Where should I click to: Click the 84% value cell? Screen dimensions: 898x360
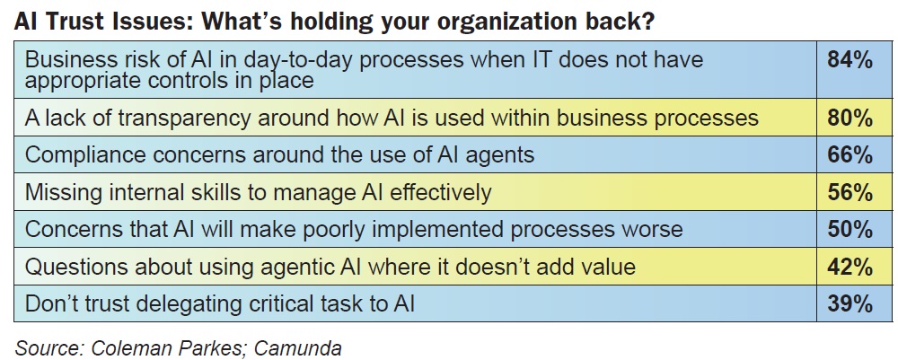[850, 60]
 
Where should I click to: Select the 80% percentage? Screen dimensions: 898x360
[850, 118]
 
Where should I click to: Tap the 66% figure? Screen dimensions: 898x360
[850, 154]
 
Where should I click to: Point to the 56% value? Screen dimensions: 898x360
[850, 192]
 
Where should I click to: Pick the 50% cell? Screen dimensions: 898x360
[850, 229]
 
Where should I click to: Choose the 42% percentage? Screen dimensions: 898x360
[850, 267]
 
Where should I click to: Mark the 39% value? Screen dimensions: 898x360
[850, 303]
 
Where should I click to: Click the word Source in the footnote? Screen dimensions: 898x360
[49, 348]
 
